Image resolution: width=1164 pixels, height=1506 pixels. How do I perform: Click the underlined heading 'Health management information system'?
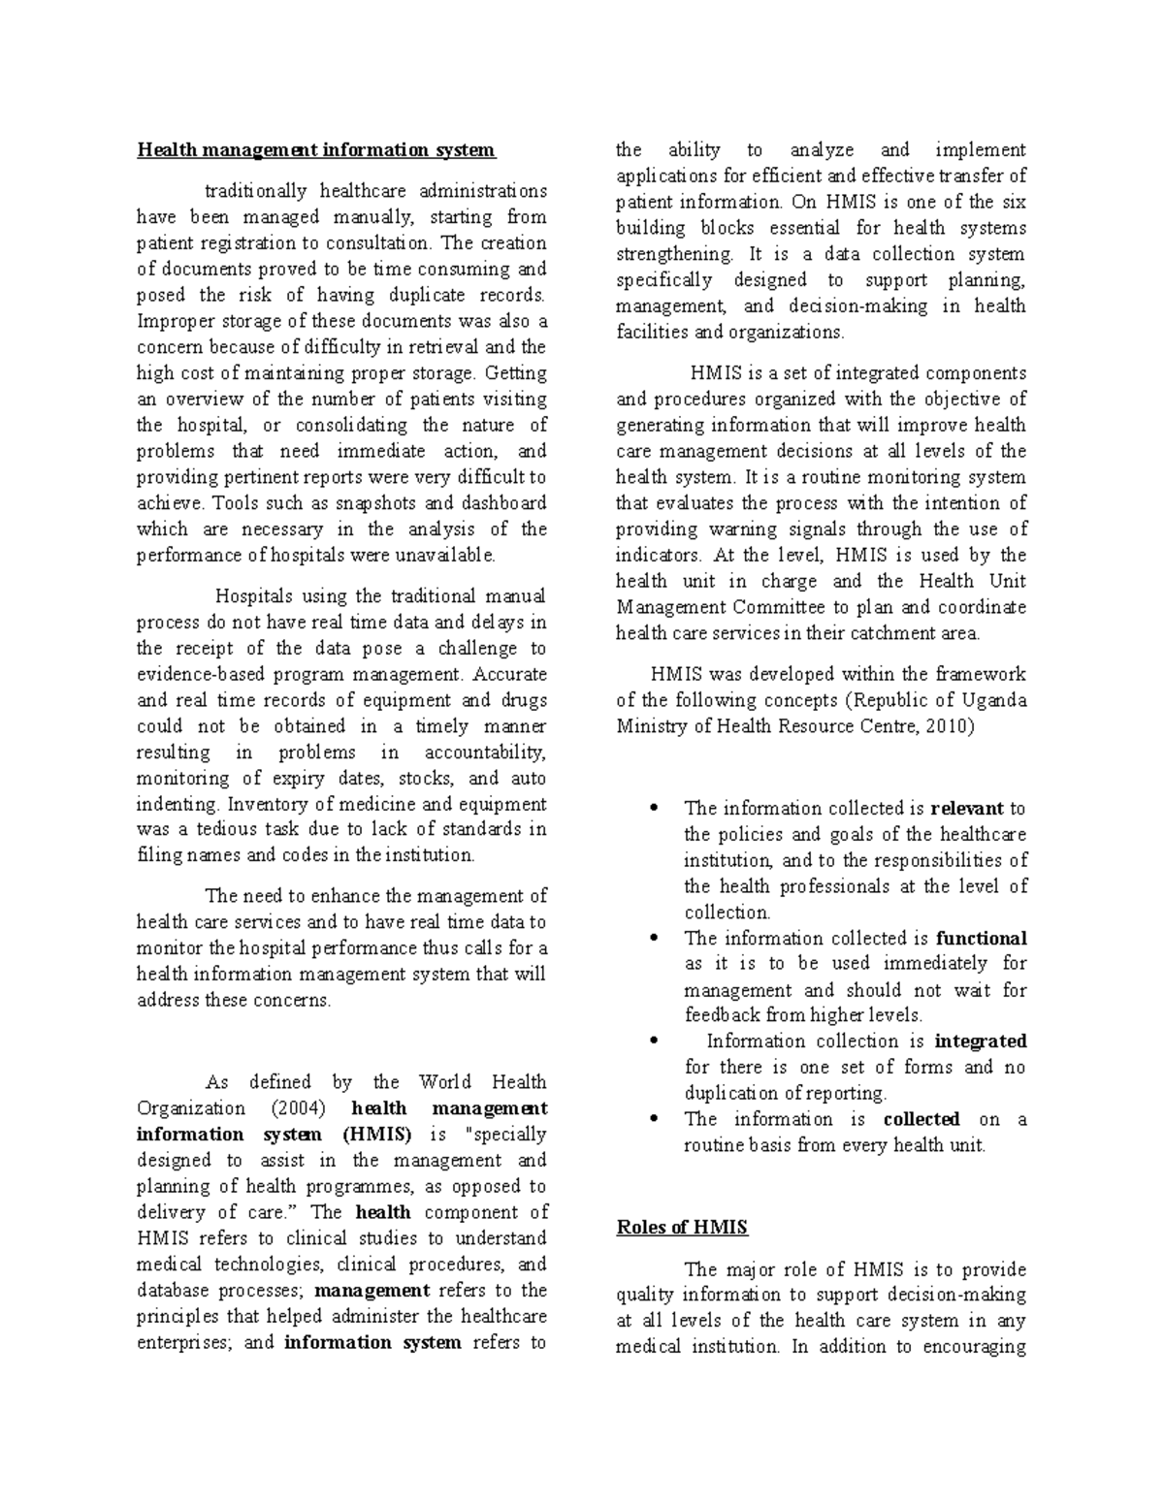click(315, 150)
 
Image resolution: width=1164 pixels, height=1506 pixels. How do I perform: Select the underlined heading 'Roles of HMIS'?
click(682, 1227)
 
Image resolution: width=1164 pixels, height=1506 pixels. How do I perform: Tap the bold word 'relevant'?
click(966, 808)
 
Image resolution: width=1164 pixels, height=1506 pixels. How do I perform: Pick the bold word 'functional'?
click(981, 938)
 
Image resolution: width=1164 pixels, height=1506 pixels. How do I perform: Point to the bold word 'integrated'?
click(980, 1041)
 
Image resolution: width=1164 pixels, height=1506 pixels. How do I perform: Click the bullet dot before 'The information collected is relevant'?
click(656, 808)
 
